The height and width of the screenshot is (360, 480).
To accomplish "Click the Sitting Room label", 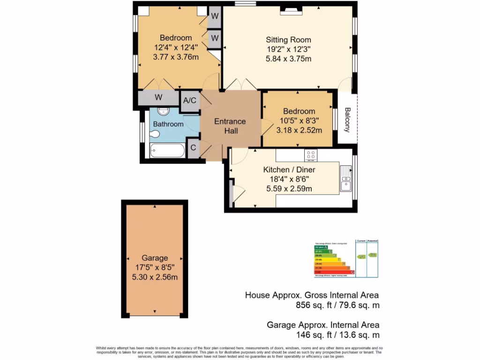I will point(288,40).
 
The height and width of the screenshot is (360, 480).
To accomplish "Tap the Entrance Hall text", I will point(230,126).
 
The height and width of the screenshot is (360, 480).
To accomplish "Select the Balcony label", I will point(347,120).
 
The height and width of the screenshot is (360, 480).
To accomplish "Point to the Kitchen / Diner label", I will point(289,170).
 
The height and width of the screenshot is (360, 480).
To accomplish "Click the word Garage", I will point(155,258).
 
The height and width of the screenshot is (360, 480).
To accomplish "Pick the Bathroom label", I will point(168,124).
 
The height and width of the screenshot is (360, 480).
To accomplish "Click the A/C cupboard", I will point(189,100).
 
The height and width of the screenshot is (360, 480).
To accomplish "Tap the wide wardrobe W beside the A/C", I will point(158,98).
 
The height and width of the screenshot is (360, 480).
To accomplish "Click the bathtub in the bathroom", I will point(167,151).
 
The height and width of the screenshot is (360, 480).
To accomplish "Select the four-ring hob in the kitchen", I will point(310,155).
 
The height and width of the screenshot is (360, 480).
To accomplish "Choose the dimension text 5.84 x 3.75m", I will point(288,59).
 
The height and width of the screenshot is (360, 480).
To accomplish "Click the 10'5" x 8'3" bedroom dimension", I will point(299,120).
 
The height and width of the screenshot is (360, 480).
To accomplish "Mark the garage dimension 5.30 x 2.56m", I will point(155,277).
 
